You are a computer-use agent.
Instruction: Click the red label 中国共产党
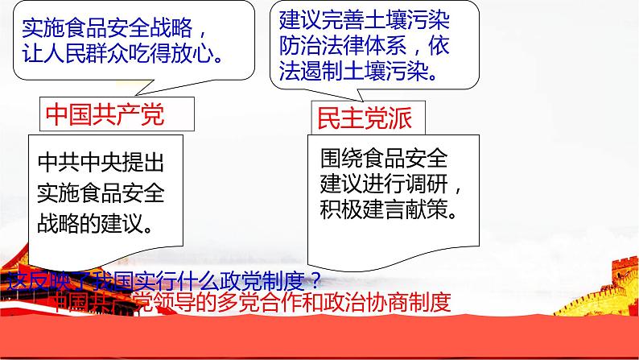coord(105,114)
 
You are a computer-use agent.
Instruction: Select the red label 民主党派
coord(365,118)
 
